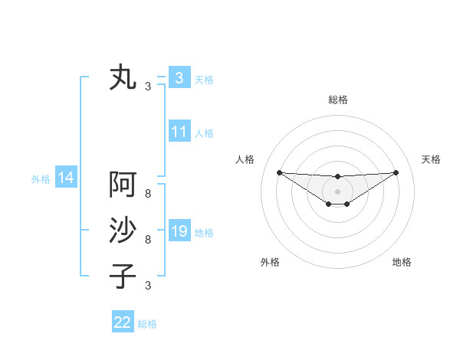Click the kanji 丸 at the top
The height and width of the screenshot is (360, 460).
tap(123, 77)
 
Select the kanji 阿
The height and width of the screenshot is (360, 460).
tap(123, 185)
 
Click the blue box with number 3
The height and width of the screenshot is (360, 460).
tap(179, 77)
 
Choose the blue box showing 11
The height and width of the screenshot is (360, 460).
tap(179, 131)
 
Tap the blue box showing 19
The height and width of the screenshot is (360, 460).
tap(179, 231)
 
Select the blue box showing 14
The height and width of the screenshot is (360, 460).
tap(66, 178)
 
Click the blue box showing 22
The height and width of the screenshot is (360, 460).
tap(123, 322)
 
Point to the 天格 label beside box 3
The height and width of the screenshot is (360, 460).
tap(204, 80)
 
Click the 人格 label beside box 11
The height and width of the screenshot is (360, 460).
tap(204, 133)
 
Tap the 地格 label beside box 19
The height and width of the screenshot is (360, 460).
tap(204, 233)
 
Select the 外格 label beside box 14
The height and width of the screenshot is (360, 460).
tap(41, 180)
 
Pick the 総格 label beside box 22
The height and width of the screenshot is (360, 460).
tap(147, 325)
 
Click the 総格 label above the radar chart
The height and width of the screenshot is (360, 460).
tap(337, 100)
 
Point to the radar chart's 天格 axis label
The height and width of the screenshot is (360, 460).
tap(431, 159)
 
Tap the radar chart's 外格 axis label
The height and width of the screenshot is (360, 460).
tap(270, 263)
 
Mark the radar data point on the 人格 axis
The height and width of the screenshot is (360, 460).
tap(279, 172)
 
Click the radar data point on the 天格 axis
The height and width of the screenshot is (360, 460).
tap(396, 172)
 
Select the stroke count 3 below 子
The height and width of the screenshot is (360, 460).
tap(148, 286)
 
